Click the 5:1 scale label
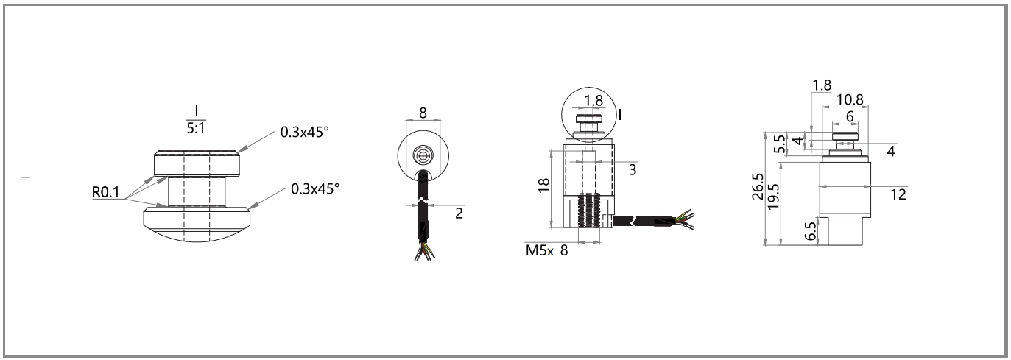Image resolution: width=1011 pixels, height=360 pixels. (196, 129)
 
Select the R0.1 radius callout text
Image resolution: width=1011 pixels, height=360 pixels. (105, 192)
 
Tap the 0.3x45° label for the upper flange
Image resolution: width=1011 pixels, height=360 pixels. (305, 133)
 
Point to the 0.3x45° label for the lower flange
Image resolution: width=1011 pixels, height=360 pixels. (315, 189)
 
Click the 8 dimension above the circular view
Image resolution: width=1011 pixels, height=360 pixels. (423, 113)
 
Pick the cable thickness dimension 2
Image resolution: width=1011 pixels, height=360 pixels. (459, 213)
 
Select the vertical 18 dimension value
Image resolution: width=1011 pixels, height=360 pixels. (544, 185)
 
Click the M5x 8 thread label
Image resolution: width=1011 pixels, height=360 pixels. (546, 250)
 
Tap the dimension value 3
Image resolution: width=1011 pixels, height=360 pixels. (633, 170)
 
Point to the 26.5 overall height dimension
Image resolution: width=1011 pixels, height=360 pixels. (758, 186)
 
